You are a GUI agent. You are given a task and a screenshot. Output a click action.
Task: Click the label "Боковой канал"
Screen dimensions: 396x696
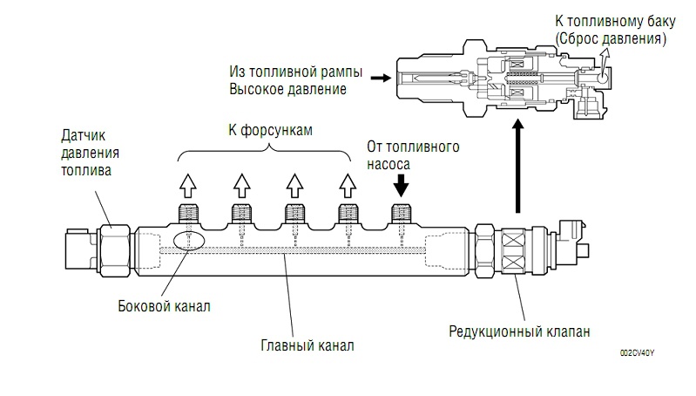(164, 307)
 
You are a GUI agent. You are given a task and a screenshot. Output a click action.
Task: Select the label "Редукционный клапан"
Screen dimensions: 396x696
(519, 331)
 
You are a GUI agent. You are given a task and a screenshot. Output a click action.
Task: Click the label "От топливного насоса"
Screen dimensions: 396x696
(403, 154)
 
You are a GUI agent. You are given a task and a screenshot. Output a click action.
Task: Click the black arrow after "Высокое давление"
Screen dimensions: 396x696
(379, 78)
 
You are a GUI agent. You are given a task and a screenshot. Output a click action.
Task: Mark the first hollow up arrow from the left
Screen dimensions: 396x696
(187, 185)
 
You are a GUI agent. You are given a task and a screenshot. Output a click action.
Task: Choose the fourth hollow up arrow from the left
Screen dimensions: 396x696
(348, 185)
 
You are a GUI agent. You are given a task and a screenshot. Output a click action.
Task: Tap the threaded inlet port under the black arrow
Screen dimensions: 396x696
(402, 212)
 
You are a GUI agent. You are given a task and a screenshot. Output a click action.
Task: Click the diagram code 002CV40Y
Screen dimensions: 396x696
(637, 353)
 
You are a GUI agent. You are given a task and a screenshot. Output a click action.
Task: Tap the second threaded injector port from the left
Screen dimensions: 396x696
(241, 212)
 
